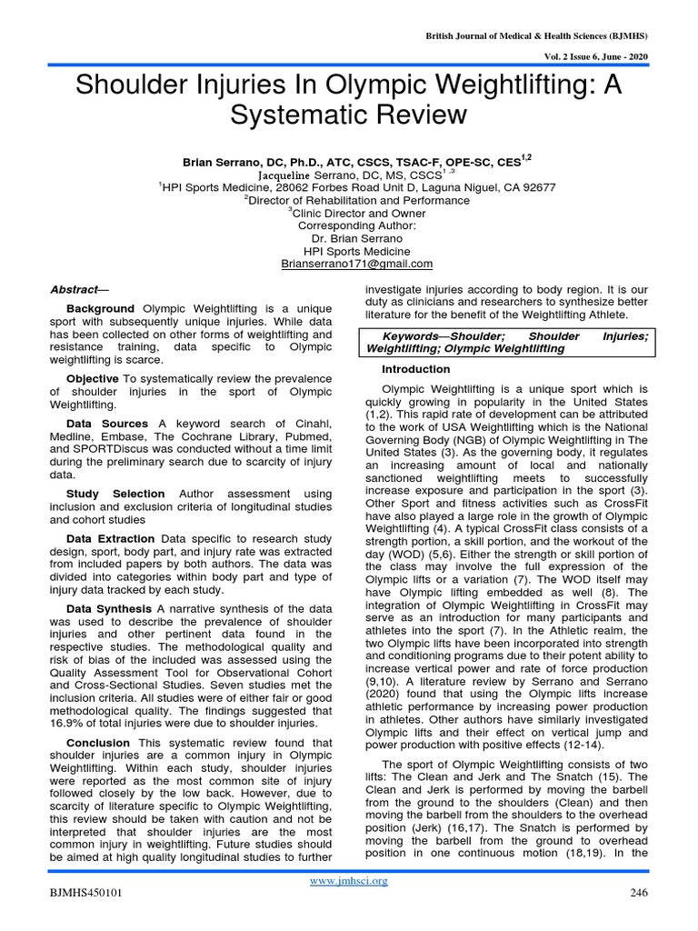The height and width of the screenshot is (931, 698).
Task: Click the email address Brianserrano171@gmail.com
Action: click(357, 264)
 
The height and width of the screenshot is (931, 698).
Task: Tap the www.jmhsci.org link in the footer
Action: click(349, 881)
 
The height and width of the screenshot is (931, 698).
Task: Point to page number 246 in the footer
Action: click(638, 893)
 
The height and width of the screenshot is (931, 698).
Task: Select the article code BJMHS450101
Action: click(86, 893)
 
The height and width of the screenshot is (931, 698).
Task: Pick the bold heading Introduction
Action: click(415, 369)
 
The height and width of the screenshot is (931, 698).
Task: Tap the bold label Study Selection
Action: click(115, 494)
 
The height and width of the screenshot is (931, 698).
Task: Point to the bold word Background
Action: click(100, 309)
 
